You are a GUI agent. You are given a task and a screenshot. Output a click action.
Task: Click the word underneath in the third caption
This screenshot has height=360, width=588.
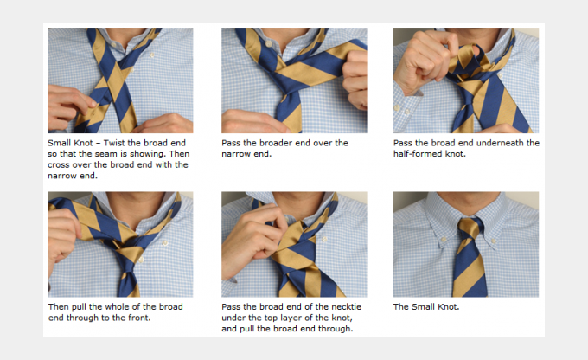pos(497,143)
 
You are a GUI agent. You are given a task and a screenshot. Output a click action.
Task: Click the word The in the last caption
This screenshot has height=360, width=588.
pos(401,307)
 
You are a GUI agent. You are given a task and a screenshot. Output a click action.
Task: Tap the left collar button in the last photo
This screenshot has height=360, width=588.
pos(444,240)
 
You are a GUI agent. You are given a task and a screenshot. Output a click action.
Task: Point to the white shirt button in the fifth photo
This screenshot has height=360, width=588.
pos(325,239)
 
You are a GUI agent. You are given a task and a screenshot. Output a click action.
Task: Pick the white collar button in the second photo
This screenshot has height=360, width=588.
pos(269,44)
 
